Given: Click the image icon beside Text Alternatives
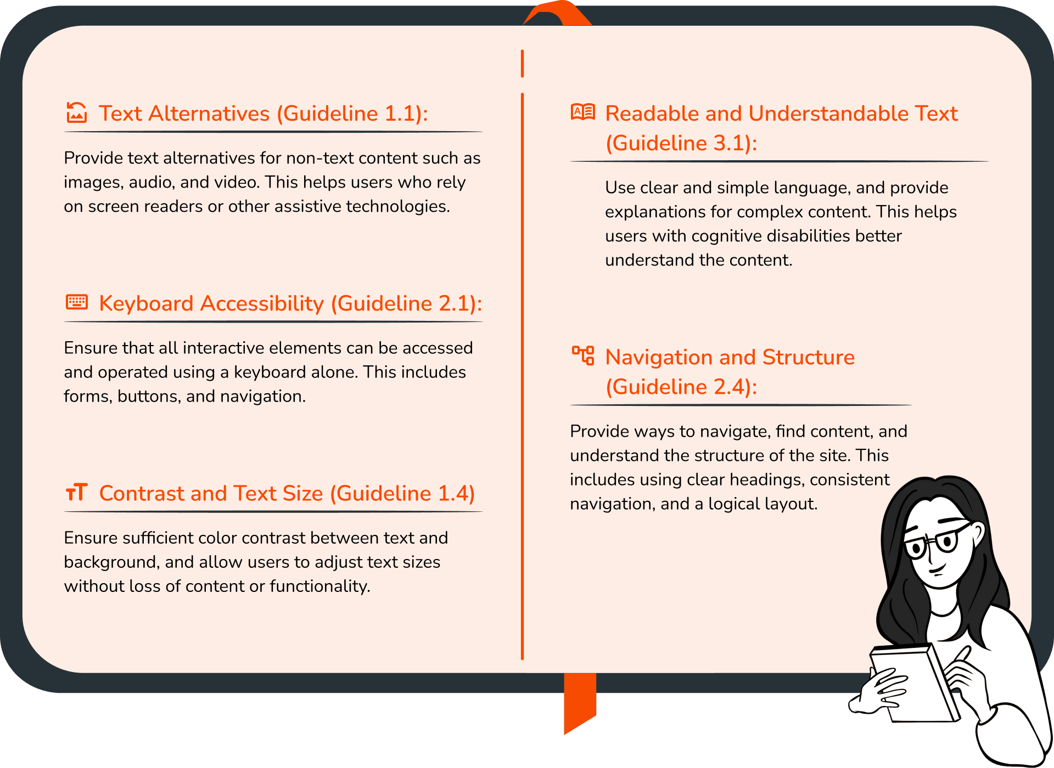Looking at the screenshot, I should point(77,112).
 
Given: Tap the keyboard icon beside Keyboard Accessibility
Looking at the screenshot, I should point(77,302).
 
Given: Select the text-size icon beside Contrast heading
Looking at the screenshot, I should point(77,492).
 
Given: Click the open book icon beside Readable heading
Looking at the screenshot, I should point(583,112).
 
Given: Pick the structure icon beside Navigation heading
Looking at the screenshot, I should point(583,355).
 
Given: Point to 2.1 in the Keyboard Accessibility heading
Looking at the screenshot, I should point(457,303).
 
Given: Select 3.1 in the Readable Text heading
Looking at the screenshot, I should point(732,143).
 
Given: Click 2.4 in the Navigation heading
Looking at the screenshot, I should point(732,387).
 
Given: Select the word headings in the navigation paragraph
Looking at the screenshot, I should point(773,479).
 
